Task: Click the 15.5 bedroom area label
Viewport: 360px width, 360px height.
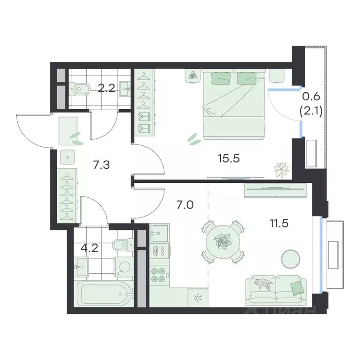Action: pyautogui.click(x=229, y=158)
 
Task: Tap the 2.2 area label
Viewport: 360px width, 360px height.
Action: pyautogui.click(x=106, y=88)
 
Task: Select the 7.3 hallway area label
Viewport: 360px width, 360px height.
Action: pyautogui.click(x=101, y=165)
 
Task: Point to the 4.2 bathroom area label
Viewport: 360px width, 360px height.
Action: pyautogui.click(x=90, y=248)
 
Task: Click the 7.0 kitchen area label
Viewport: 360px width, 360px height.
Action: pyautogui.click(x=185, y=205)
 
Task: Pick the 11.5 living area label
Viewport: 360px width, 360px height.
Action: pyautogui.click(x=279, y=223)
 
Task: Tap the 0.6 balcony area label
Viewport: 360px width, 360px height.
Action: pyautogui.click(x=311, y=97)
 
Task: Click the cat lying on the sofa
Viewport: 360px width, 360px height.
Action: pyautogui.click(x=263, y=283)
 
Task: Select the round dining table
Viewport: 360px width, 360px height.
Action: pyautogui.click(x=223, y=241)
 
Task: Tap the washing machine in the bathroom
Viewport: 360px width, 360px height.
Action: pyautogui.click(x=124, y=267)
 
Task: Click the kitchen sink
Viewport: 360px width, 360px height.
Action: pyautogui.click(x=159, y=233)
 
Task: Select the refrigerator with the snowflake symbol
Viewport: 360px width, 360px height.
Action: pyautogui.click(x=198, y=297)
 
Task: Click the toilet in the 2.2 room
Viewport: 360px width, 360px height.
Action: pyautogui.click(x=80, y=89)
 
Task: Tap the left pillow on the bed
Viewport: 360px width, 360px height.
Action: pyautogui.click(x=220, y=79)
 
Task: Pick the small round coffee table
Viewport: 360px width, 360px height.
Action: pyautogui.click(x=291, y=259)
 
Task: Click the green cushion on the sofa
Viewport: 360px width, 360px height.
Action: pyautogui.click(x=296, y=288)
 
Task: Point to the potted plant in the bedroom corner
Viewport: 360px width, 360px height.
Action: pyautogui.click(x=281, y=170)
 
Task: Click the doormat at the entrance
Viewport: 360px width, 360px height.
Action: pyautogui.click(x=68, y=131)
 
